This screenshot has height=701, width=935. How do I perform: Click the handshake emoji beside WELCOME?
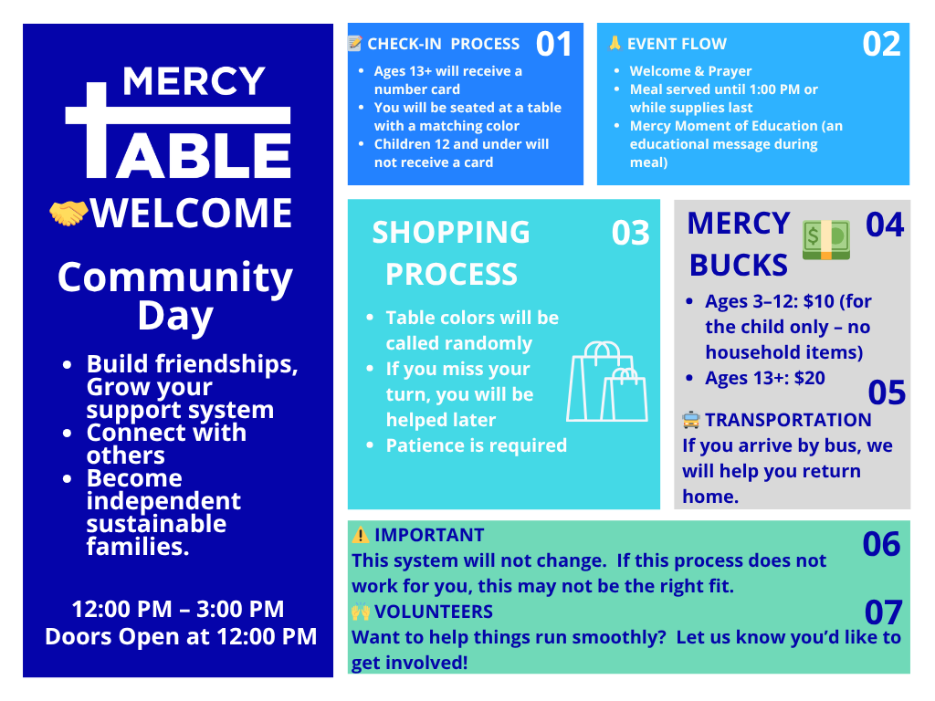pyautogui.click(x=68, y=213)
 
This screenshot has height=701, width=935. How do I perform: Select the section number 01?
pyautogui.click(x=554, y=44)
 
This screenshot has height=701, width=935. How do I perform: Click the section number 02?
pyautogui.click(x=881, y=44)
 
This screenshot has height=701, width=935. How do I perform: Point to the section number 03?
pyautogui.click(x=630, y=233)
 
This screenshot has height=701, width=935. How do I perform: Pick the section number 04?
pyautogui.click(x=885, y=225)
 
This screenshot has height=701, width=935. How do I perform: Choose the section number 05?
pyautogui.click(x=887, y=392)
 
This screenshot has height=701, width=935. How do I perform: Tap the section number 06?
pyautogui.click(x=881, y=544)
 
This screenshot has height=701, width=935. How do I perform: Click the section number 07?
pyautogui.click(x=883, y=612)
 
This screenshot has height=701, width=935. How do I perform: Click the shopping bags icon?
pyautogui.click(x=607, y=382)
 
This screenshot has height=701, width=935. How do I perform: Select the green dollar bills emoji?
pyautogui.click(x=825, y=240)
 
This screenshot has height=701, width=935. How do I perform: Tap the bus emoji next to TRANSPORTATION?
pyautogui.click(x=690, y=420)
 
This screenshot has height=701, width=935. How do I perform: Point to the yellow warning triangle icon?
pyautogui.click(x=360, y=535)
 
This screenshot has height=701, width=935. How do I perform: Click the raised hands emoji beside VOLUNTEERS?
pyautogui.click(x=360, y=612)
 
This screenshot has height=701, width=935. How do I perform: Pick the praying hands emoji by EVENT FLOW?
pyautogui.click(x=615, y=43)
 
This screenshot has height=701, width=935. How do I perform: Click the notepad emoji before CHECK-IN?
pyautogui.click(x=355, y=43)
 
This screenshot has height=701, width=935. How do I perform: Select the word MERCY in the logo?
pyautogui.click(x=194, y=81)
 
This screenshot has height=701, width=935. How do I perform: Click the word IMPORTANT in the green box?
pyautogui.click(x=429, y=535)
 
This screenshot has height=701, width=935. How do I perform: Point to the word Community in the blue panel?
pyautogui.click(x=175, y=277)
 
